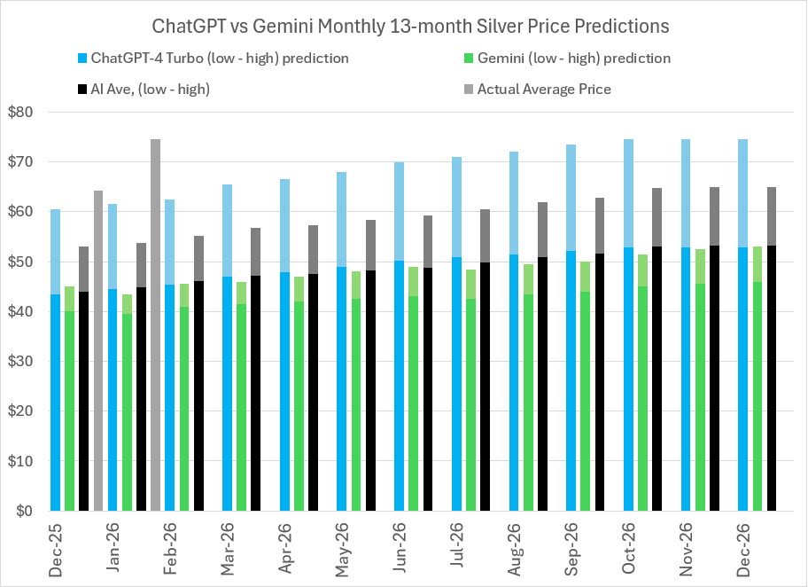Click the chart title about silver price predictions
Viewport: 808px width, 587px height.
404,27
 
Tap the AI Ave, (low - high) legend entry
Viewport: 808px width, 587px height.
150,89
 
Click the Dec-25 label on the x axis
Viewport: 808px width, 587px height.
57,548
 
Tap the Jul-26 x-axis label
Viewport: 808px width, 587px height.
457,548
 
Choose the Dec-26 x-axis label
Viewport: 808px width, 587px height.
743,548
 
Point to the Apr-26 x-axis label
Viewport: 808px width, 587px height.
285,548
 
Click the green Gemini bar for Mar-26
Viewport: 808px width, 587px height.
241,407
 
